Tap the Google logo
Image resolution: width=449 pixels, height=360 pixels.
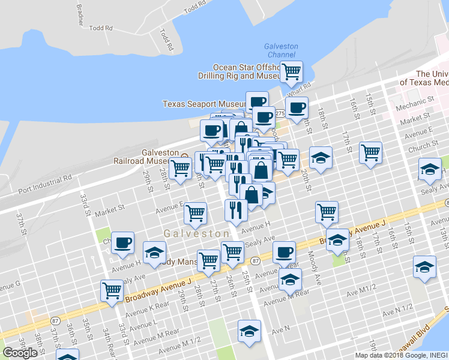[20, 352]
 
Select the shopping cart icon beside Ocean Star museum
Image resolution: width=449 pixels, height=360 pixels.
[291, 72]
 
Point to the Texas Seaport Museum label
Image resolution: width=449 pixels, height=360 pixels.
[204, 104]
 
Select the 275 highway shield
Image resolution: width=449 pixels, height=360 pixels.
[280, 113]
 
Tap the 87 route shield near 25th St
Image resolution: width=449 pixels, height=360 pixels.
[255, 261]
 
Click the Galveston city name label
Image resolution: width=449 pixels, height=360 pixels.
[197, 233]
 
